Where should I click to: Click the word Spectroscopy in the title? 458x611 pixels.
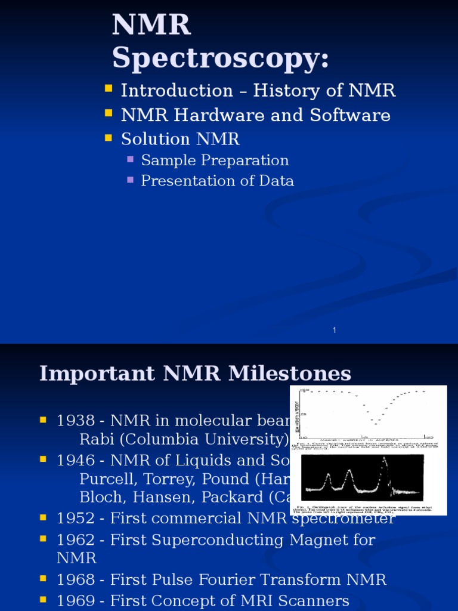pos(220,60)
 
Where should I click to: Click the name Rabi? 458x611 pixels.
pos(94,440)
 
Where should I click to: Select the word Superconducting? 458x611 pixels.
pos(226,540)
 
